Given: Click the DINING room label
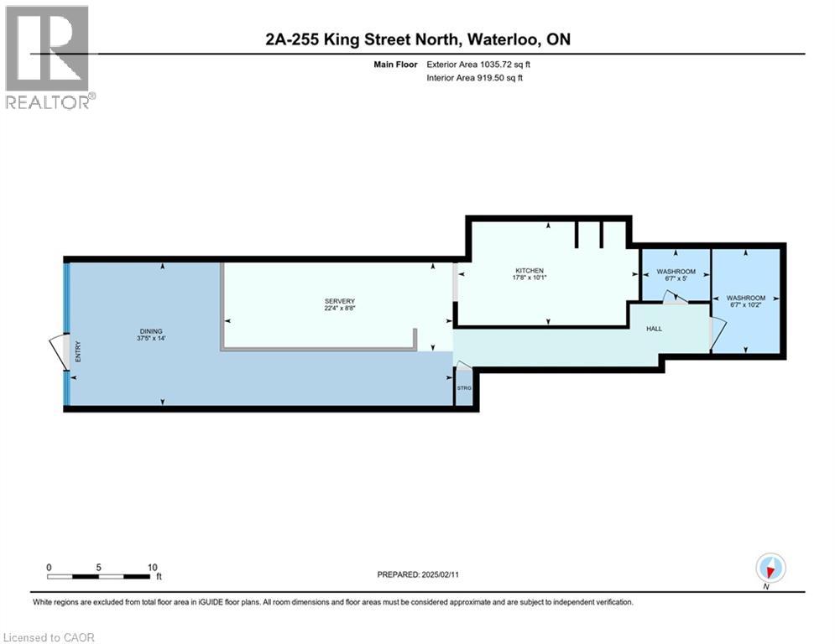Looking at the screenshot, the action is (151, 331).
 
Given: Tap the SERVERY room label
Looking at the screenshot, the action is (340, 301).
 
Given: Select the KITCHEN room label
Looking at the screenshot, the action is (530, 270).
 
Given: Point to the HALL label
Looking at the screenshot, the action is (654, 329).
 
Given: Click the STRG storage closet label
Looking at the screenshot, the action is (464, 388).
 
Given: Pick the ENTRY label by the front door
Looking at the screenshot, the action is (78, 352).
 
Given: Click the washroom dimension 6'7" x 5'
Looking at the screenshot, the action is (676, 278).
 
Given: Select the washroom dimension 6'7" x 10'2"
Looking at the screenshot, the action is (745, 305).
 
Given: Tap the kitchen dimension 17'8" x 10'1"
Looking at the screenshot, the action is (530, 278).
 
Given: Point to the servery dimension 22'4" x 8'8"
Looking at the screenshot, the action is (340, 308).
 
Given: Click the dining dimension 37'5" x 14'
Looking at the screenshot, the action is (151, 338).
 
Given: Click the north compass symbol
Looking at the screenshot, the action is (770, 569).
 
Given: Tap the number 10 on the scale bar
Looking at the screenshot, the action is (152, 568).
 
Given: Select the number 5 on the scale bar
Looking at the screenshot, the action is (98, 568).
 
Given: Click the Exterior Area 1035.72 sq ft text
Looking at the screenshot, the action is (478, 65).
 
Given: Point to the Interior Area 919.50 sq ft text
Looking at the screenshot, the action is (474, 78).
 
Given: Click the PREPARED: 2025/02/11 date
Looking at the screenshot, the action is (418, 574).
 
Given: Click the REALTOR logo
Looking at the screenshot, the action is (50, 58).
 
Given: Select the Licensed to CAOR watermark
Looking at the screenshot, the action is (49, 637).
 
